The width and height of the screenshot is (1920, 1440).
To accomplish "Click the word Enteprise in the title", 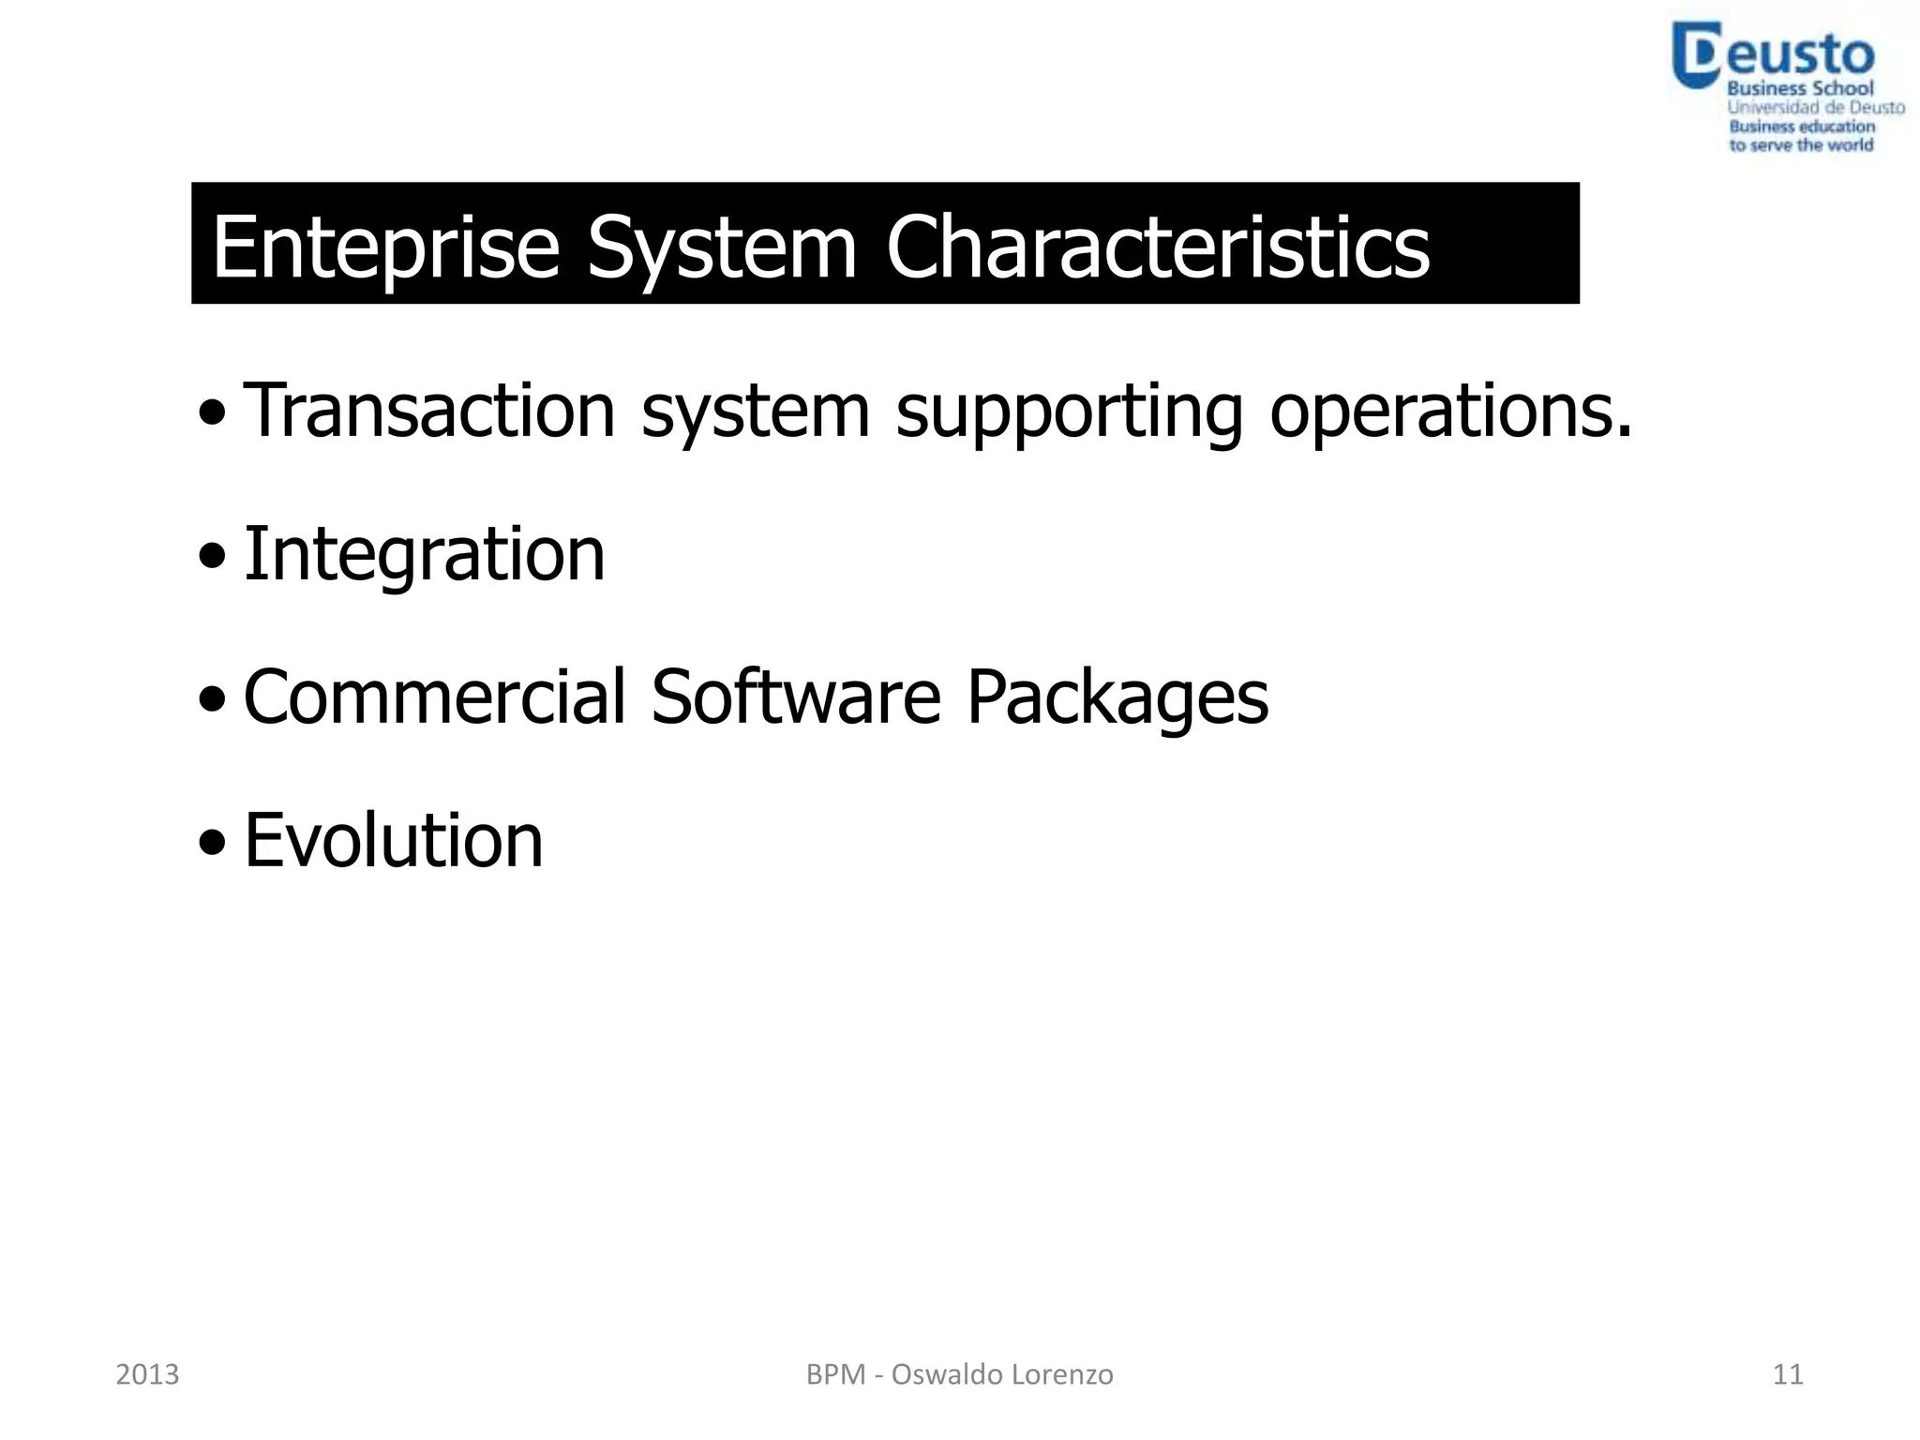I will point(385,247).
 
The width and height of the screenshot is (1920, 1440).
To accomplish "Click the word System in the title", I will point(721,247).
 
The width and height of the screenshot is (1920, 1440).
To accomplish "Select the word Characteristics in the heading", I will point(1157,247).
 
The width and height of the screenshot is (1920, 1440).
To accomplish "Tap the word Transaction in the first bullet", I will point(428,411).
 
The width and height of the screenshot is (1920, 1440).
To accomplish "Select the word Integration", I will point(424,555).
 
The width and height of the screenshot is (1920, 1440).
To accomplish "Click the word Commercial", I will point(434,697).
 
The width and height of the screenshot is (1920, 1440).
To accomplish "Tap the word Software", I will point(795,697).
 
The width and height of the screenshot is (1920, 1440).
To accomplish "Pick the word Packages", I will point(1117,698).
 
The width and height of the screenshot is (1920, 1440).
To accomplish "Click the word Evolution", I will point(393,840).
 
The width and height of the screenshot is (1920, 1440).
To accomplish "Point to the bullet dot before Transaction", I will point(212,412).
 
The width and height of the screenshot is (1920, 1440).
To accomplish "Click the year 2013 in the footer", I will point(147,1374).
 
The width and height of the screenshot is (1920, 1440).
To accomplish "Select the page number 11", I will point(1788,1374).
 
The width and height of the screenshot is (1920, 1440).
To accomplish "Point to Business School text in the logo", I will point(1800,89).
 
